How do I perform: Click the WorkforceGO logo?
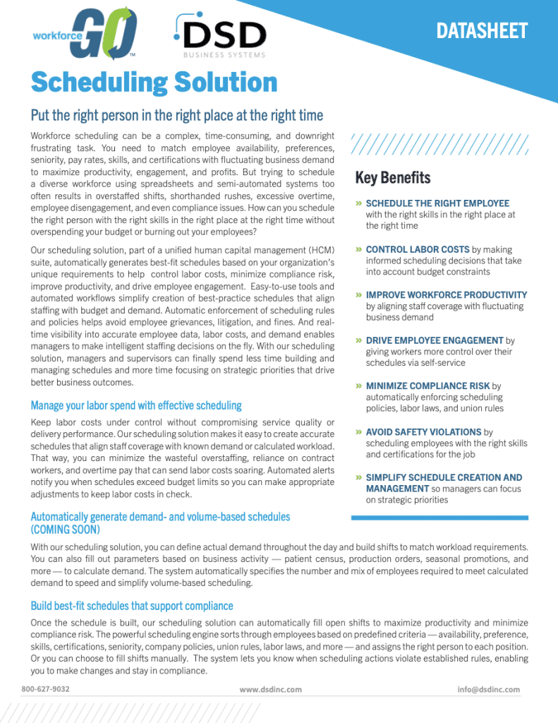(x=85, y=34)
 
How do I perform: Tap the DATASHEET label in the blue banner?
(x=481, y=30)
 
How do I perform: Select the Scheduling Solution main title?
(x=154, y=83)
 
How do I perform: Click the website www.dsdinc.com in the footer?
(x=270, y=689)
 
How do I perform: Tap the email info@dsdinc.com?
(x=488, y=689)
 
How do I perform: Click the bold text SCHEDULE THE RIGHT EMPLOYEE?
(x=437, y=203)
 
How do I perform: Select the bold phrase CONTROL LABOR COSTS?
(x=417, y=249)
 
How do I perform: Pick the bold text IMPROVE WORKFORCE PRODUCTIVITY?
(x=446, y=294)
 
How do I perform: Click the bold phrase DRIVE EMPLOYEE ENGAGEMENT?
(x=435, y=340)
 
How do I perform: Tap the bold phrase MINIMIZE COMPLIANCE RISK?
(x=427, y=386)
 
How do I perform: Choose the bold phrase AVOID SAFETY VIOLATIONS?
(x=423, y=431)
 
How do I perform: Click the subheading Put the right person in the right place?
(x=176, y=116)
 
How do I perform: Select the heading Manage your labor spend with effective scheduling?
(x=136, y=405)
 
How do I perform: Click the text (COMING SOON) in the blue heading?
(x=66, y=529)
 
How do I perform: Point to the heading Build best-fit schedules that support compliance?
(x=132, y=606)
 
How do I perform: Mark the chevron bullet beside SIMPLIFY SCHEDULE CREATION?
(x=359, y=477)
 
